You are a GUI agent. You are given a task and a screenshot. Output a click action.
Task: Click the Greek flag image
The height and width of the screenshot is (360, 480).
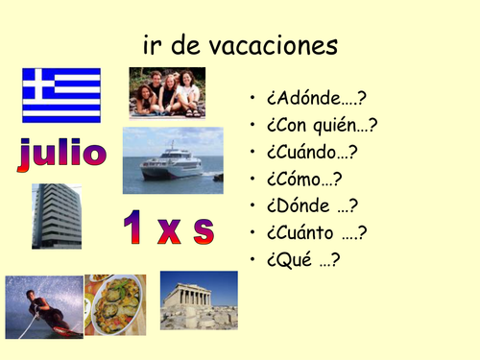pyautogui.click(x=61, y=95)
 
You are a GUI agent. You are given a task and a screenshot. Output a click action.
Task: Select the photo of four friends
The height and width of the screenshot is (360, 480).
pyautogui.click(x=167, y=92)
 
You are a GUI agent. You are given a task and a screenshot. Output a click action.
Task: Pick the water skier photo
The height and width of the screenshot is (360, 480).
pyautogui.click(x=43, y=306)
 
